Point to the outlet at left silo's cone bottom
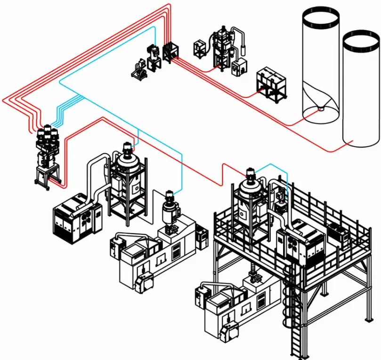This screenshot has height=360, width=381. point(320,108)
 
